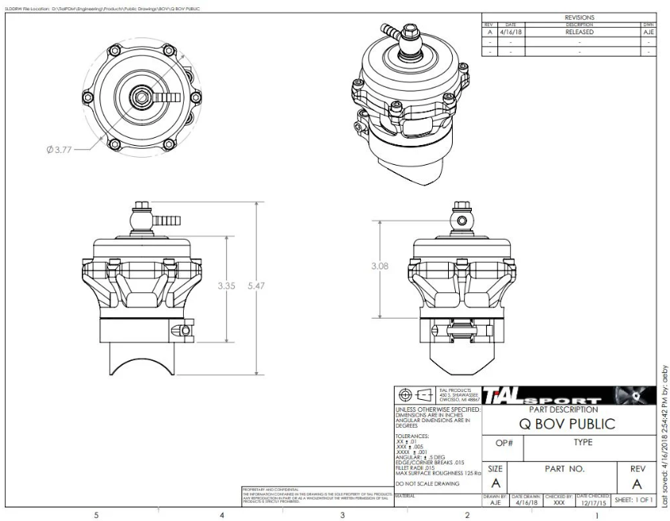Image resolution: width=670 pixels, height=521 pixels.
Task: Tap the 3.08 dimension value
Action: click(381, 267)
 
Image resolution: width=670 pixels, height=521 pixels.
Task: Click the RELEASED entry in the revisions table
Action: click(579, 33)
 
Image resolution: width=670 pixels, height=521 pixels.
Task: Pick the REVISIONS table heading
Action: click(579, 17)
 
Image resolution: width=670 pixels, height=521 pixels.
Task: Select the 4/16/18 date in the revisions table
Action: click(511, 33)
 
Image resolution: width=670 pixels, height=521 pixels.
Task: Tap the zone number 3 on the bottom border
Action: click(342, 515)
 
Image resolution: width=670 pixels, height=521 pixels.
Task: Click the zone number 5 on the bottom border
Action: click(96, 515)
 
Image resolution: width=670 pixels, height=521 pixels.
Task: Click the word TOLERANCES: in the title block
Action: click(414, 437)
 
